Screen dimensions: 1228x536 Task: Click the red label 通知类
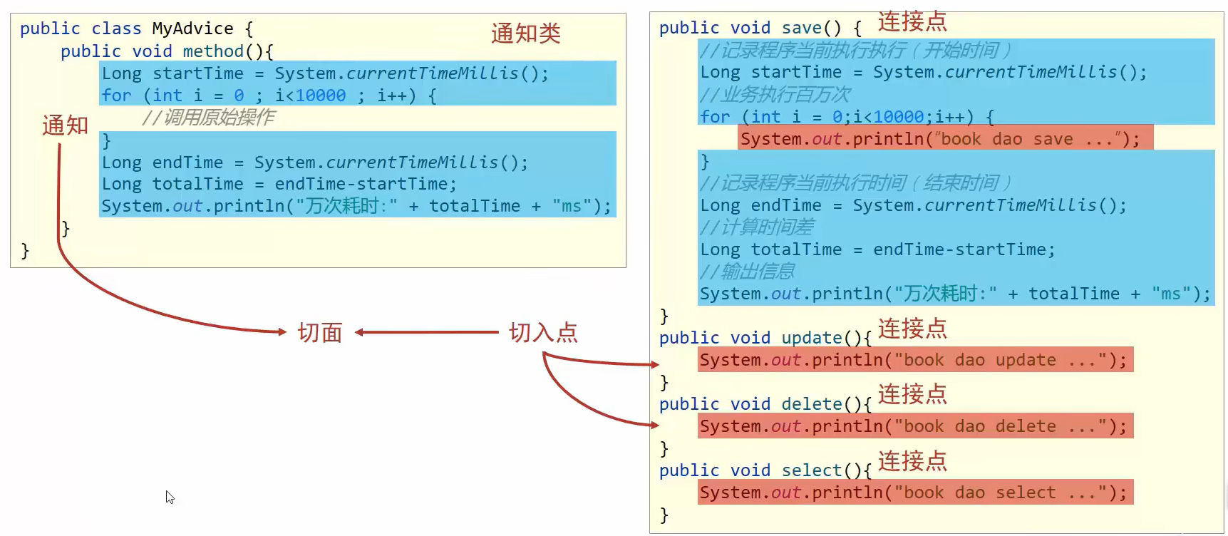tap(526, 33)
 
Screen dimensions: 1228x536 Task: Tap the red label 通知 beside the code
tap(65, 125)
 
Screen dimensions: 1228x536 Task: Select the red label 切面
tap(320, 332)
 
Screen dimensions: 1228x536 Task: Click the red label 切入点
tap(543, 332)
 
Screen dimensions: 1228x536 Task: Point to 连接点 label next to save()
tap(912, 21)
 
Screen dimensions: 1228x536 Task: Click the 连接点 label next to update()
tap(912, 329)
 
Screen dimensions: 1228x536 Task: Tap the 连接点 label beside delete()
tap(912, 394)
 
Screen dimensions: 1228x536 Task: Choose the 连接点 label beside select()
tap(912, 461)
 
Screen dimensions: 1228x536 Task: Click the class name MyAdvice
tap(192, 29)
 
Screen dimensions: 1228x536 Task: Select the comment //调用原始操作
tap(208, 117)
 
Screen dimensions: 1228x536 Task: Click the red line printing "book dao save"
tap(945, 138)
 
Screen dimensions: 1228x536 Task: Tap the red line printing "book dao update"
tap(915, 360)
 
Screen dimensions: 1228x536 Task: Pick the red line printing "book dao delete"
tap(915, 426)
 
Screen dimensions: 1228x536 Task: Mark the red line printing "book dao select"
tap(915, 493)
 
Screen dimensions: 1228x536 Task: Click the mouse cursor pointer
tap(170, 497)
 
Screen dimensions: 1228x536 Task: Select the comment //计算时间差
tap(757, 227)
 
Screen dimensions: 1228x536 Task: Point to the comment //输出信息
tap(748, 272)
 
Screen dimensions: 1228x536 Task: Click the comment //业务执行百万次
tap(775, 95)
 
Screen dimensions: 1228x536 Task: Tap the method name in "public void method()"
tap(213, 51)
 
